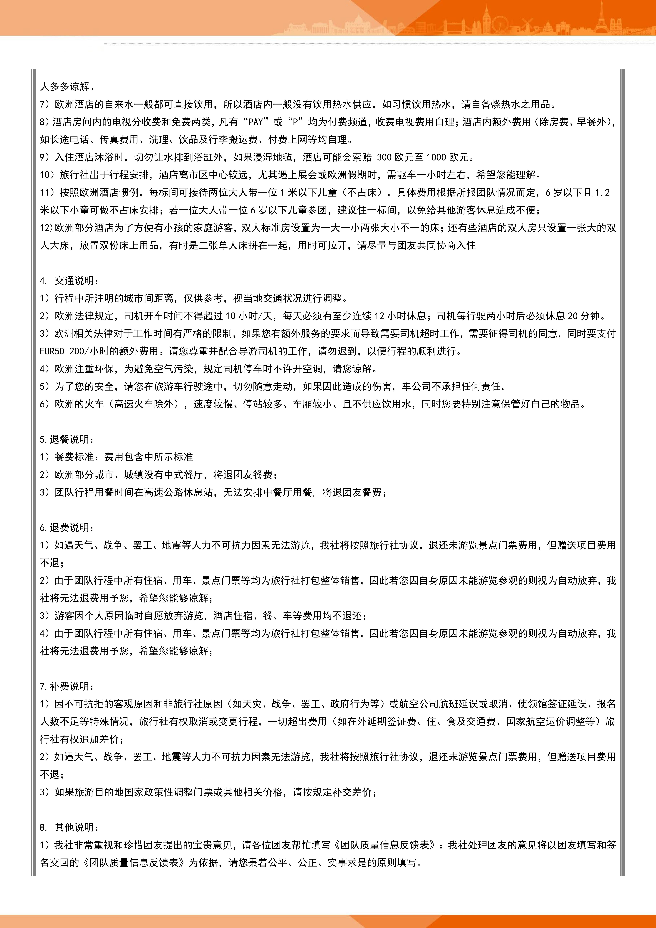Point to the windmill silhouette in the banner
[527, 24]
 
